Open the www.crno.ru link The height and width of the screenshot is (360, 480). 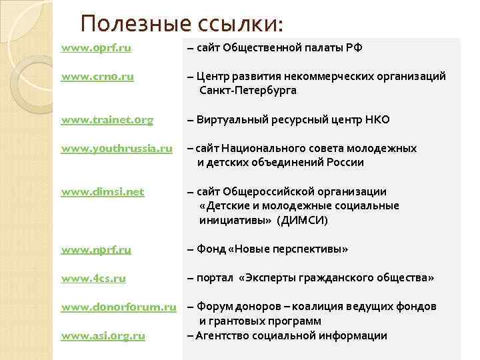[x=97, y=77]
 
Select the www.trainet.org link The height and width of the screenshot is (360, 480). [x=107, y=120]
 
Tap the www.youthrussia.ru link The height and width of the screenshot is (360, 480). [x=117, y=149]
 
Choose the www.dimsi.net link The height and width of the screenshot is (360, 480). [x=102, y=192]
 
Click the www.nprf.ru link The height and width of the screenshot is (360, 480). [x=96, y=249]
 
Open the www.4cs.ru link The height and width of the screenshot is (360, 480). [x=93, y=278]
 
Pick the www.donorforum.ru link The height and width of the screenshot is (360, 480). [x=119, y=307]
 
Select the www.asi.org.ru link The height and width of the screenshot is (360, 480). [x=103, y=335]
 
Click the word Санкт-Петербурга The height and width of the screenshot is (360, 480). [x=247, y=90]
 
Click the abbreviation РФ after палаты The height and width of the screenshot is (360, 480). [x=355, y=48]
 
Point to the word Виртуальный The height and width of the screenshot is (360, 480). [x=233, y=120]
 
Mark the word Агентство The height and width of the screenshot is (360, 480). [x=224, y=335]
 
